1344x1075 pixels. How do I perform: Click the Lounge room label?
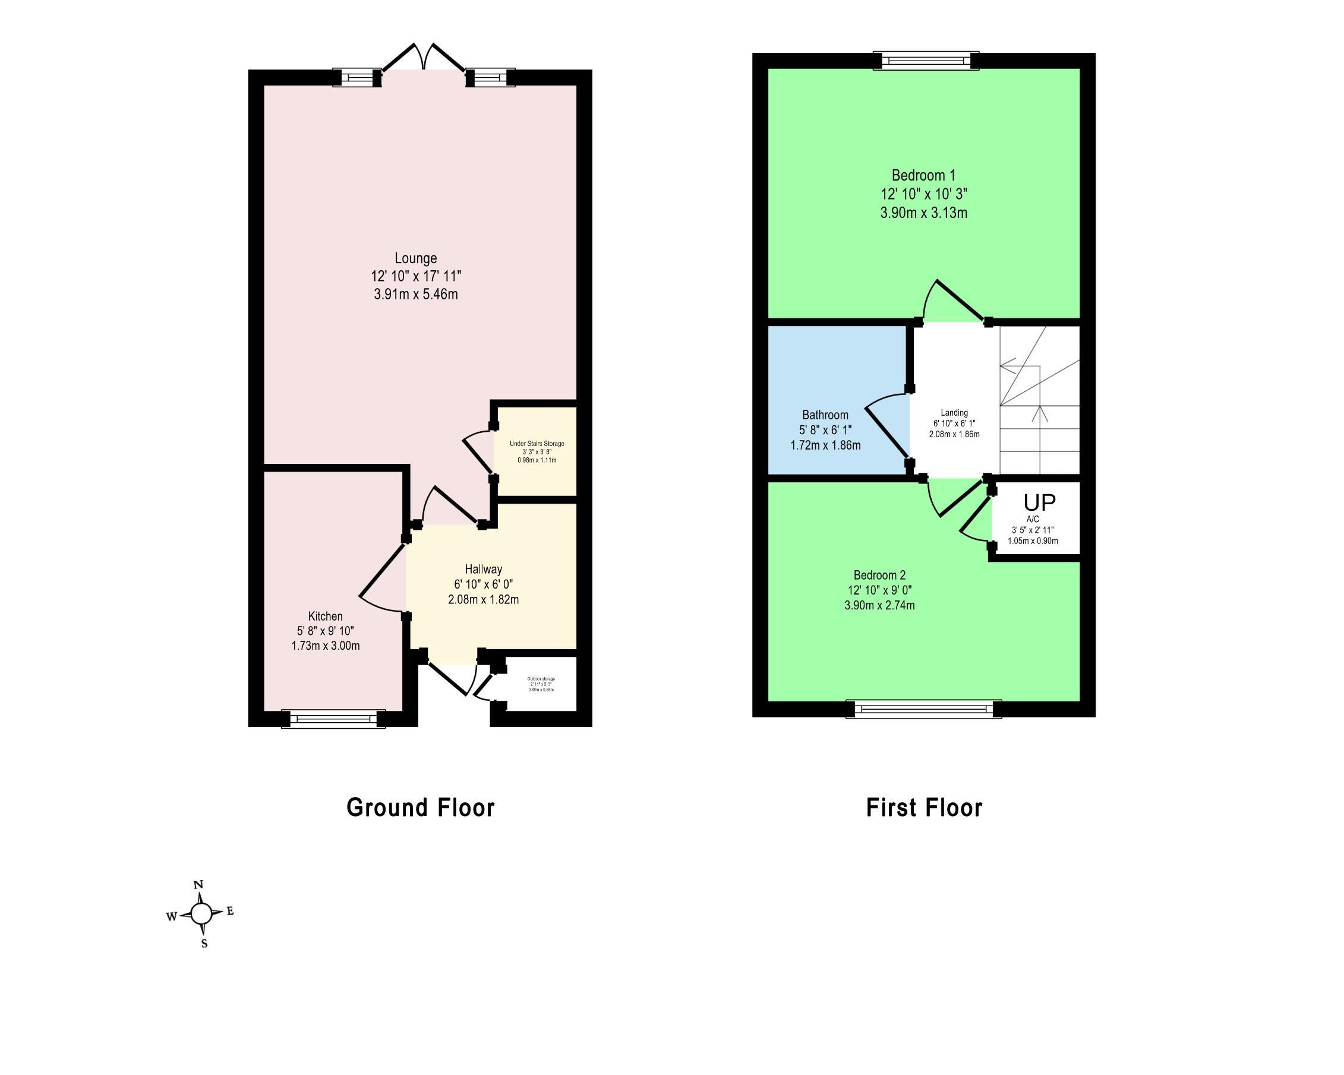click(x=415, y=258)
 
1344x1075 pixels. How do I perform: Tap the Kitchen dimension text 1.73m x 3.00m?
click(x=326, y=646)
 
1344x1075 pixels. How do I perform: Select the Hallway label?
click(x=483, y=569)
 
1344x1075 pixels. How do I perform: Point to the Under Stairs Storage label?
click(x=537, y=444)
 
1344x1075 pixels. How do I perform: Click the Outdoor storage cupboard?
click(x=541, y=684)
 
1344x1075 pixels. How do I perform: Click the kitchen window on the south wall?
click(x=333, y=719)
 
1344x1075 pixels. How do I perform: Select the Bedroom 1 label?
click(x=923, y=176)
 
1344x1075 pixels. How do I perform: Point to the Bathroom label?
click(x=825, y=415)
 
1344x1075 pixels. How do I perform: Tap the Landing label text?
click(x=954, y=413)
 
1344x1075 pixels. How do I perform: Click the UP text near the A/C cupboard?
click(x=1039, y=503)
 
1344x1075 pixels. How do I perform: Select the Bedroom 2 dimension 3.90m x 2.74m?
click(x=879, y=605)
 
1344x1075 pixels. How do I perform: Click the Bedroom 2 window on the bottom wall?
click(x=923, y=709)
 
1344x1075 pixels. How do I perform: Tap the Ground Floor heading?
click(x=420, y=808)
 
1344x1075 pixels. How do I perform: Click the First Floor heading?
click(x=924, y=808)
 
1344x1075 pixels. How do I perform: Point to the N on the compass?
click(x=199, y=884)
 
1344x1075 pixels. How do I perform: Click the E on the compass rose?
click(x=230, y=911)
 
